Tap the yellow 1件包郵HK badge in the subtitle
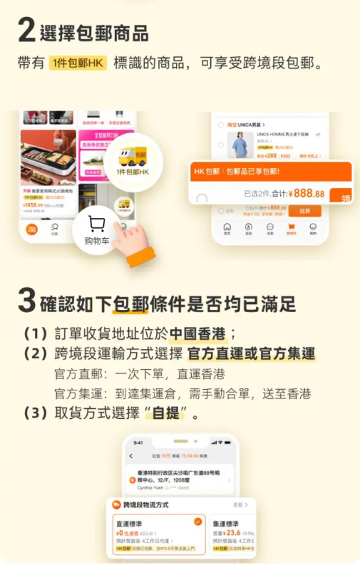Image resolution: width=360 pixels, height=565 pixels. tap(78, 63)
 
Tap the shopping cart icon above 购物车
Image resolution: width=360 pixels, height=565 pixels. tap(97, 225)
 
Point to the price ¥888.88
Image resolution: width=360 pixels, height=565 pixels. tap(309, 193)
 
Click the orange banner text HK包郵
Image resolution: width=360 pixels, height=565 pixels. tap(207, 172)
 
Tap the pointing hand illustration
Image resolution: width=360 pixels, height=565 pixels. tap(131, 243)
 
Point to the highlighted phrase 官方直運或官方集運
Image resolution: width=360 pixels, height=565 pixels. tap(251, 354)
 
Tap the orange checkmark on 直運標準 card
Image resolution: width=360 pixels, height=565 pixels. tap(197, 522)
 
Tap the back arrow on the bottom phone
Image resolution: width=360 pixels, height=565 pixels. tap(131, 456)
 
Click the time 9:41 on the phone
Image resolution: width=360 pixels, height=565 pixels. tap(138, 442)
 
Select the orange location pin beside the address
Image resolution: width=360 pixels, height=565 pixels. tap(132, 481)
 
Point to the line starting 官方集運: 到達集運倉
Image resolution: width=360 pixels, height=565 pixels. tap(182, 393)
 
